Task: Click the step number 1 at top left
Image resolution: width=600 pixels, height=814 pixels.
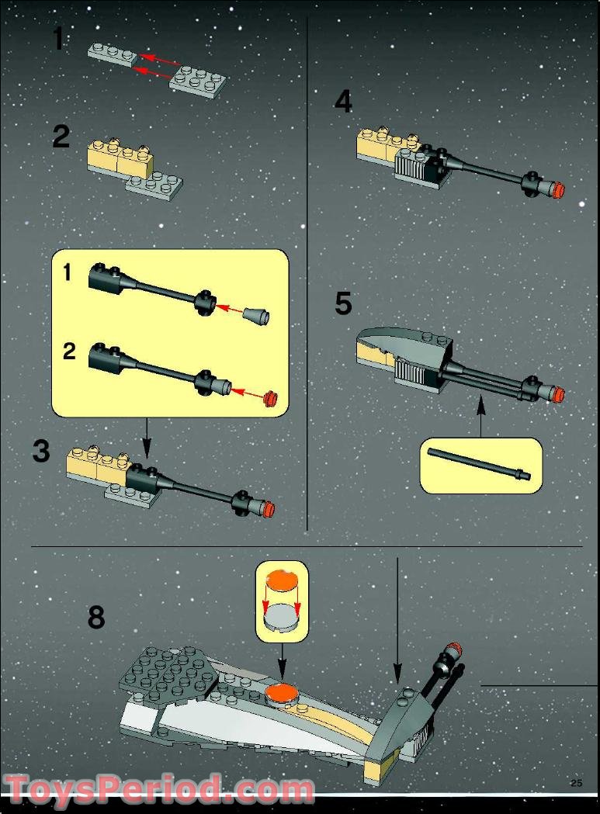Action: coord(59,38)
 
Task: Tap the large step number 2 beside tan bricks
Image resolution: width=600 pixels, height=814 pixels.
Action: coord(61,137)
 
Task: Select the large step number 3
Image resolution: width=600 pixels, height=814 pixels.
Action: coord(41,451)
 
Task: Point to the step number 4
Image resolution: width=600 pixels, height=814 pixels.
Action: coord(343,102)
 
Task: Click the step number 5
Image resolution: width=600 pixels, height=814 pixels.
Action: coord(343,303)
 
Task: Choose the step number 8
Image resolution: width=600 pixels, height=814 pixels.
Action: coord(96,618)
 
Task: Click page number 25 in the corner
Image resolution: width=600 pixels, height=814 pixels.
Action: coord(576,783)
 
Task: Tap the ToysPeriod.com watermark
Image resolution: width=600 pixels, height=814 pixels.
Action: coord(159,789)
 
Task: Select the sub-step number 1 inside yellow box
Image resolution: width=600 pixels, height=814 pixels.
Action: coord(67,273)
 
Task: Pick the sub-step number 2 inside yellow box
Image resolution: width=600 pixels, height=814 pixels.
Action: coord(69,352)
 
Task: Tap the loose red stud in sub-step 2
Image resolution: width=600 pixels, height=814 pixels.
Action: coord(271,399)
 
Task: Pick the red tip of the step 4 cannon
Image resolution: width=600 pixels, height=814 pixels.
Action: coord(560,189)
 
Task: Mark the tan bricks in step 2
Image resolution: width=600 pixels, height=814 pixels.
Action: coord(118,158)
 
